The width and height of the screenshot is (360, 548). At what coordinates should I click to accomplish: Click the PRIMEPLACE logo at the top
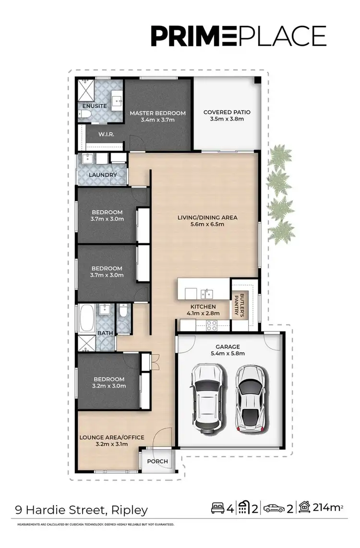click(239, 37)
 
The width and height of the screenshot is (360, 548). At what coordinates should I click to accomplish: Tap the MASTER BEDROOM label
click(157, 113)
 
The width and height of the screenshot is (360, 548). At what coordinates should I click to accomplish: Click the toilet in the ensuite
click(84, 114)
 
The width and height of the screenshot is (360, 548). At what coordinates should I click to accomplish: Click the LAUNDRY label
click(102, 175)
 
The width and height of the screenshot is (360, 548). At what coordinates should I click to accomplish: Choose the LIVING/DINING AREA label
click(207, 218)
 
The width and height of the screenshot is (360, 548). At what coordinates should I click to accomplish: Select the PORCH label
click(157, 462)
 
